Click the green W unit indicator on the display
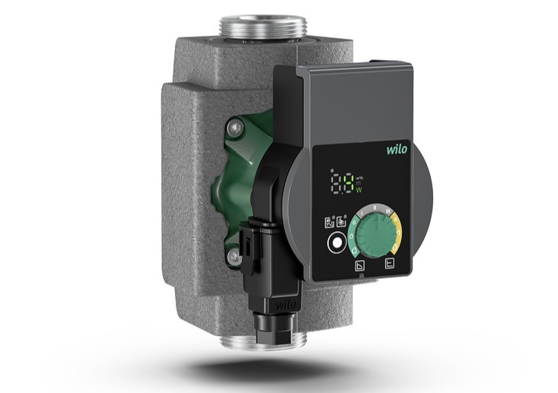tap(359, 190)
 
